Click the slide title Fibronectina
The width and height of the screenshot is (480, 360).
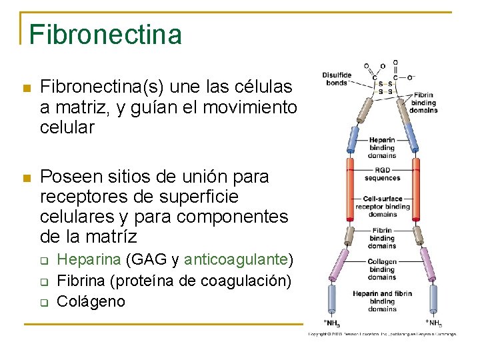click(x=105, y=34)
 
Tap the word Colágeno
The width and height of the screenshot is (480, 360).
click(x=91, y=301)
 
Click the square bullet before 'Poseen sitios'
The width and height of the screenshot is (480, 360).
click(x=27, y=178)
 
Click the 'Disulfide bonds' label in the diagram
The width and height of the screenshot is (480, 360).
click(x=337, y=79)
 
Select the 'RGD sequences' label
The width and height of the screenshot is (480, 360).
click(x=382, y=173)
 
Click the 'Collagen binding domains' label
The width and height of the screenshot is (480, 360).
click(x=382, y=269)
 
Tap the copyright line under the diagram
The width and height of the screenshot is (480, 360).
click(x=381, y=333)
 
